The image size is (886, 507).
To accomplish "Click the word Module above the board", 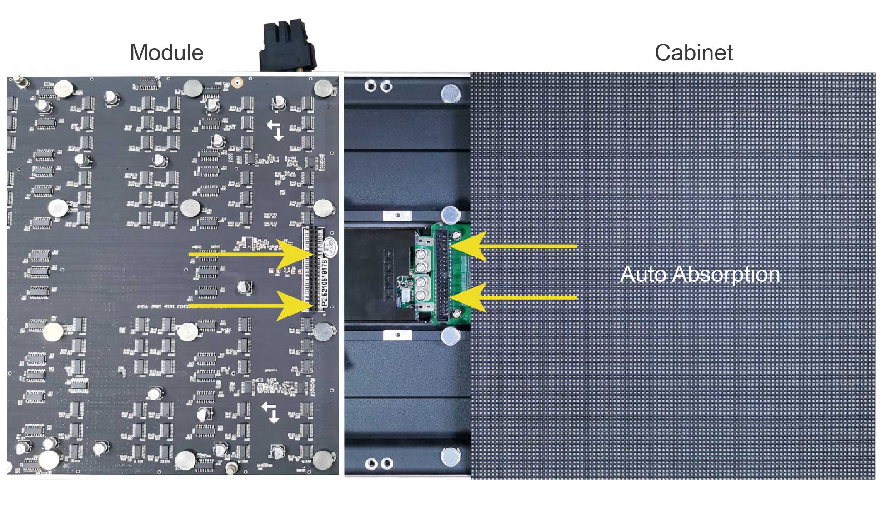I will (166, 53).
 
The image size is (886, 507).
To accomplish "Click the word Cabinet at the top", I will (693, 53).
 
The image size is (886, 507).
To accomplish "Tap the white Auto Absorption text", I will (700, 274).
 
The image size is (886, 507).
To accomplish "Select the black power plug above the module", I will (287, 46).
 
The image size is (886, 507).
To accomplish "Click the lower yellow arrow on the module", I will (255, 306).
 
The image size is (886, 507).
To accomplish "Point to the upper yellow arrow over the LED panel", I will (514, 246).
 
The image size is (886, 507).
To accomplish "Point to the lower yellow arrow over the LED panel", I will (514, 297).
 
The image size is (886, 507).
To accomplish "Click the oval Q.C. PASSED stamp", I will (330, 246).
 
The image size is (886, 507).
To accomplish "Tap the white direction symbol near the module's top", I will (275, 130).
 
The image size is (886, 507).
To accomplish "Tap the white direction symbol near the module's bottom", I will (271, 412).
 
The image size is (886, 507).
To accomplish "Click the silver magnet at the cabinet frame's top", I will (451, 94).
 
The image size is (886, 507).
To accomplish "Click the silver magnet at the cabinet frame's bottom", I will (451, 457).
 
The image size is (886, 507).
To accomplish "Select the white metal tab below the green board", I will (397, 335).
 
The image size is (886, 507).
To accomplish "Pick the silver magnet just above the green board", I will (450, 214).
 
